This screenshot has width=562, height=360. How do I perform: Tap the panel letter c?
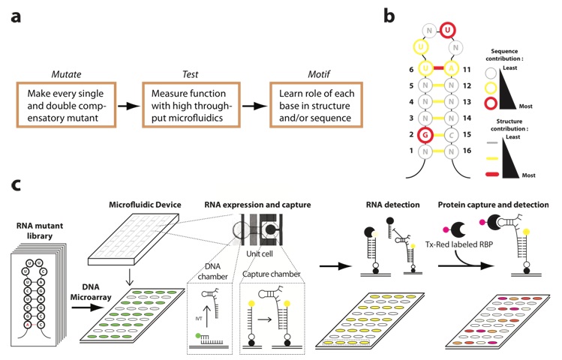click(15, 184)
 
